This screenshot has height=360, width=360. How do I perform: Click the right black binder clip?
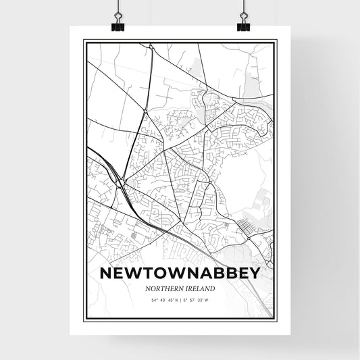(x=243, y=25)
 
